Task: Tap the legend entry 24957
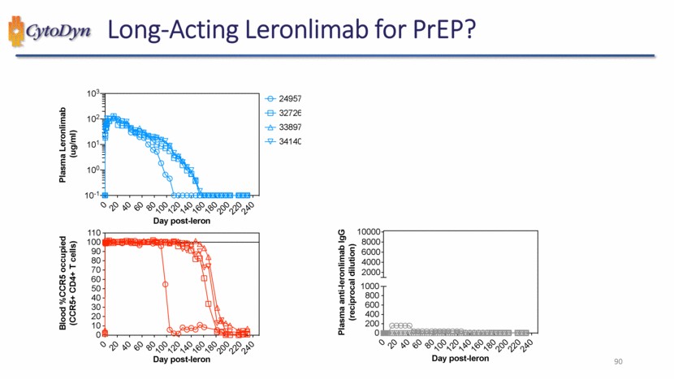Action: [x=290, y=99]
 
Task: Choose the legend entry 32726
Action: [x=290, y=114]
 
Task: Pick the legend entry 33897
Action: [x=290, y=128]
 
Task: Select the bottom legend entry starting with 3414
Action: [x=290, y=143]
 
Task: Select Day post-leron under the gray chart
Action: [x=460, y=358]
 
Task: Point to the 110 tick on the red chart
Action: [x=93, y=233]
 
